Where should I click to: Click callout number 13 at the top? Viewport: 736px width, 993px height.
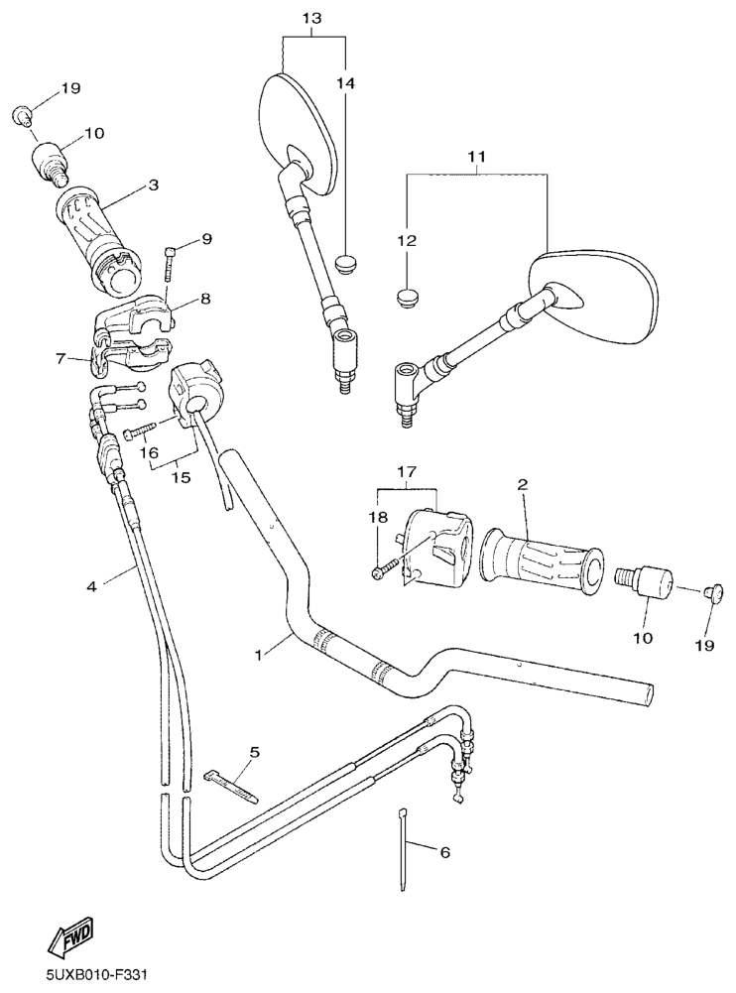pyautogui.click(x=311, y=19)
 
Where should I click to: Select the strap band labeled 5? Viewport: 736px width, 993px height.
pyautogui.click(x=231, y=788)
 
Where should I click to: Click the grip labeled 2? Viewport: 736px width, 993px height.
pyautogui.click(x=542, y=558)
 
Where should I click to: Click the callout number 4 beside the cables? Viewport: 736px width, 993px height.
pyautogui.click(x=92, y=587)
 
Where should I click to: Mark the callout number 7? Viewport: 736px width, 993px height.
pyautogui.click(x=61, y=360)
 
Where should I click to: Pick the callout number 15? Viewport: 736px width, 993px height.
pyautogui.click(x=182, y=476)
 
